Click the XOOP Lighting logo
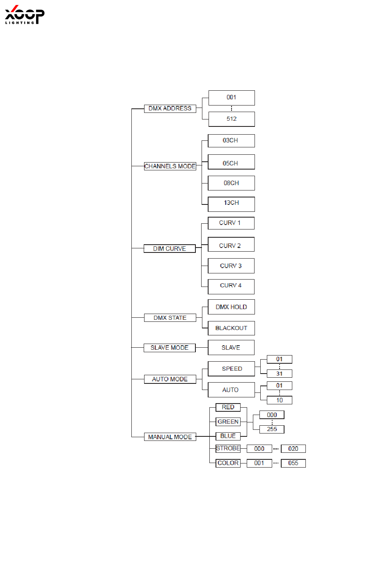point(24,15)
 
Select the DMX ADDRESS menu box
point(170,108)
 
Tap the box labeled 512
point(232,119)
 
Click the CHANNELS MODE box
point(170,166)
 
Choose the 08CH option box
point(231,183)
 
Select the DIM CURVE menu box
point(170,249)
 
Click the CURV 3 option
point(231,266)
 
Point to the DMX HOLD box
point(231,307)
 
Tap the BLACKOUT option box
point(231,328)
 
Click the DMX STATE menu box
point(170,318)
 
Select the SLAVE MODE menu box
point(170,348)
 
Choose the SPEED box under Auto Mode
point(232,369)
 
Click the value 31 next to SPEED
point(279,374)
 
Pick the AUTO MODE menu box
point(170,379)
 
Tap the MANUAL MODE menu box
point(170,437)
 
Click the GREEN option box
point(228,422)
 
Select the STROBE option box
point(228,449)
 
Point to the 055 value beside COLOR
point(293,463)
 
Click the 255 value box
point(272,429)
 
